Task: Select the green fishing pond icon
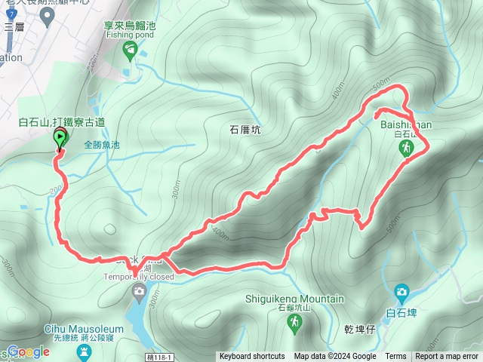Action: [130, 49]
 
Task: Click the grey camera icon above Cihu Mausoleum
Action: [139, 291]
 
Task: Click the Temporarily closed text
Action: [140, 276]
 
